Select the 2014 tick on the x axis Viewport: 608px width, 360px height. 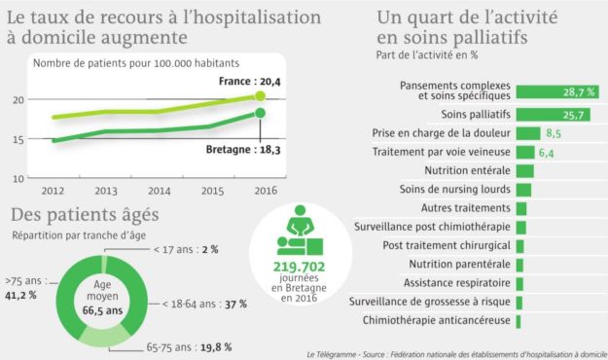point(160,191)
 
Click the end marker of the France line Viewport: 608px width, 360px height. point(261,96)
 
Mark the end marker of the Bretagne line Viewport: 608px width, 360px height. point(261,114)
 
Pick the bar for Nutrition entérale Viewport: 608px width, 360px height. point(524,171)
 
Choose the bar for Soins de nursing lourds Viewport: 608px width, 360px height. point(522,190)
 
